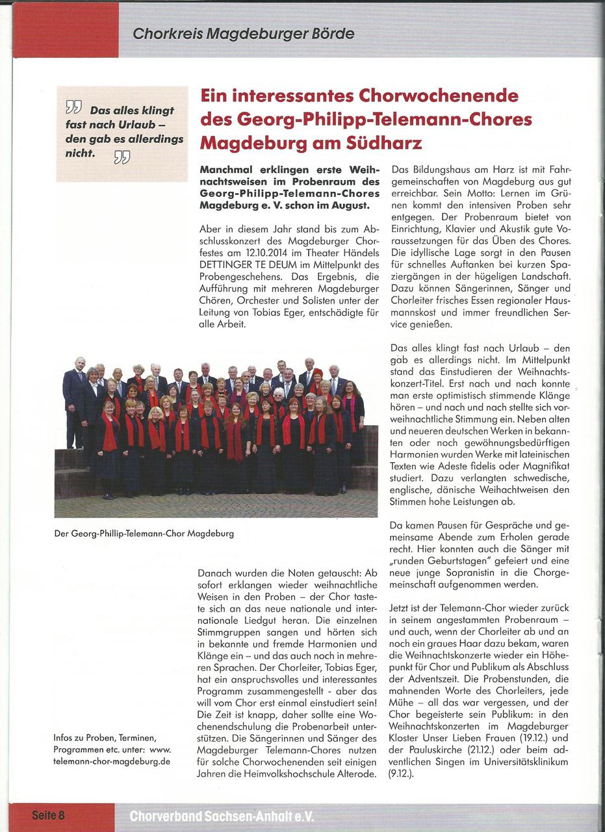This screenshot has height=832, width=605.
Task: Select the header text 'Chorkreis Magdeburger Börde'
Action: [244, 33]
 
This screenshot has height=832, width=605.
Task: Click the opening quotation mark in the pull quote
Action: [73, 107]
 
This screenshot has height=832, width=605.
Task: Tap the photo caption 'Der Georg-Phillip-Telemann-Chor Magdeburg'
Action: [144, 534]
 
